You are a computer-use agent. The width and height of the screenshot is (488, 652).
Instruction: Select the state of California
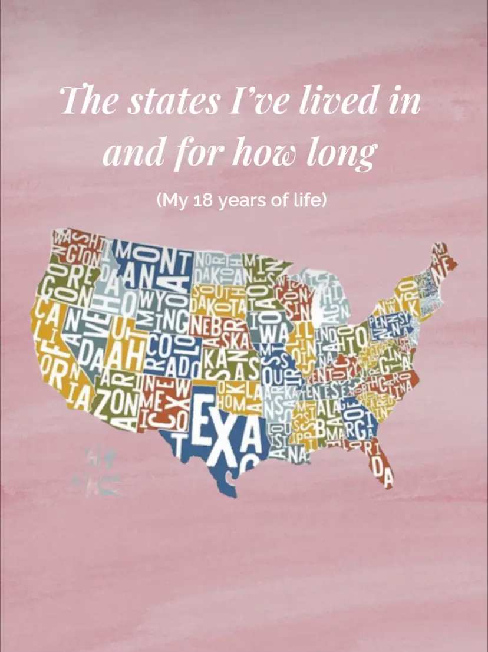tap(50, 354)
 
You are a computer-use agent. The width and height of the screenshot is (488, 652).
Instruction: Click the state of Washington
tap(77, 248)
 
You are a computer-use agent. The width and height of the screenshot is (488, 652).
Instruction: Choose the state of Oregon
tap(65, 283)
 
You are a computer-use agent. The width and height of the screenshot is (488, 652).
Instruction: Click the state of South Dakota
tap(218, 298)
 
